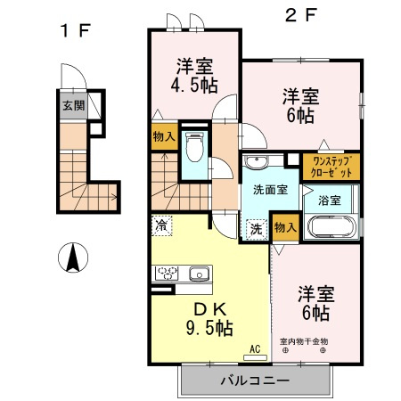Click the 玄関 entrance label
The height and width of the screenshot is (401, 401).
[x=73, y=105]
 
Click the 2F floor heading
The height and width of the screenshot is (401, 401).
[x=300, y=15]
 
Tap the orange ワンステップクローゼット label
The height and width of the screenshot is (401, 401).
[x=331, y=165]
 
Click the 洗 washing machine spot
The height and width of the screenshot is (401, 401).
[x=255, y=227]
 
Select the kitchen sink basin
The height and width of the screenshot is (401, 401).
[x=198, y=274]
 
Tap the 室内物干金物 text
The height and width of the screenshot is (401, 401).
[x=305, y=341]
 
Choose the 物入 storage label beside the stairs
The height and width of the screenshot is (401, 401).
[x=163, y=137]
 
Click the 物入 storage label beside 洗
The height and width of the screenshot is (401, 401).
[x=284, y=228]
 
